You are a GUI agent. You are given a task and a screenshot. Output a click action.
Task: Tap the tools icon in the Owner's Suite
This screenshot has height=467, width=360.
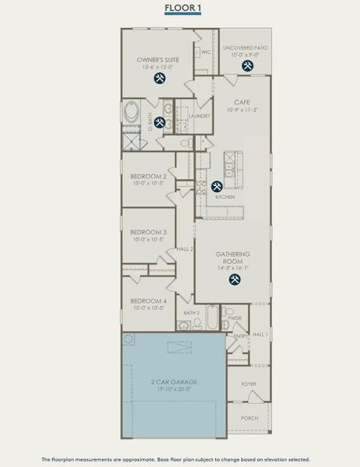click(x=159, y=79)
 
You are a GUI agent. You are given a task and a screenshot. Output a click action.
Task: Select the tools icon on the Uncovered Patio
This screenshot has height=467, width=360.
click(x=247, y=66)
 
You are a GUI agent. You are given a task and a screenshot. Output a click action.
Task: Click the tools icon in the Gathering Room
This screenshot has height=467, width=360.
click(x=233, y=279)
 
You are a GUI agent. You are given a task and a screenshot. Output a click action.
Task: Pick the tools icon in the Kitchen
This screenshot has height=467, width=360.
click(x=217, y=186)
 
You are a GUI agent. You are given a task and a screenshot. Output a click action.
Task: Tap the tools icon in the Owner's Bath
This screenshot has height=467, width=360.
click(x=159, y=121)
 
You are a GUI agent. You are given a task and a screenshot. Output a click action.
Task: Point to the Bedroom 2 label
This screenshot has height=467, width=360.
click(x=148, y=177)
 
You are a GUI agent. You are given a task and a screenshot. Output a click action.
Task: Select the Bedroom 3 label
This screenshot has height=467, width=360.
click(x=148, y=233)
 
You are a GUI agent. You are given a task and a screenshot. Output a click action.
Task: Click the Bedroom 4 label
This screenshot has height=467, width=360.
click(x=148, y=300)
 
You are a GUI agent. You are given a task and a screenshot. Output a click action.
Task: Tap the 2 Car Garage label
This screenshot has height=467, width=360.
click(x=173, y=382)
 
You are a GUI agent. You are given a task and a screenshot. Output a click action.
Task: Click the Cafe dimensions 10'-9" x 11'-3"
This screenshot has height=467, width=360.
click(x=241, y=111)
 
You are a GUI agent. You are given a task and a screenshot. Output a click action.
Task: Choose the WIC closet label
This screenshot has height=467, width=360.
click(x=205, y=53)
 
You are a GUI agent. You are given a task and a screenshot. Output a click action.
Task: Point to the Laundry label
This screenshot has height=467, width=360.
click(x=200, y=116)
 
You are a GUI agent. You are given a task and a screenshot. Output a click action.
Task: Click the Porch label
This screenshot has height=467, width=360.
click(x=249, y=418)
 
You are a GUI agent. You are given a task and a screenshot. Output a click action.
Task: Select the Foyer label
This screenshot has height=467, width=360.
click(x=249, y=383)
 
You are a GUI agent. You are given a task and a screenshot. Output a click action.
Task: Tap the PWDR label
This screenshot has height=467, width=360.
click(x=236, y=318)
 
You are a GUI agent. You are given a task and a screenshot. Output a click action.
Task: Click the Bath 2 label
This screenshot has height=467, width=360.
click(x=191, y=313)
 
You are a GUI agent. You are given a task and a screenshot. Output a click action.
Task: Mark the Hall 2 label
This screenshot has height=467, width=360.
click(x=185, y=249)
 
